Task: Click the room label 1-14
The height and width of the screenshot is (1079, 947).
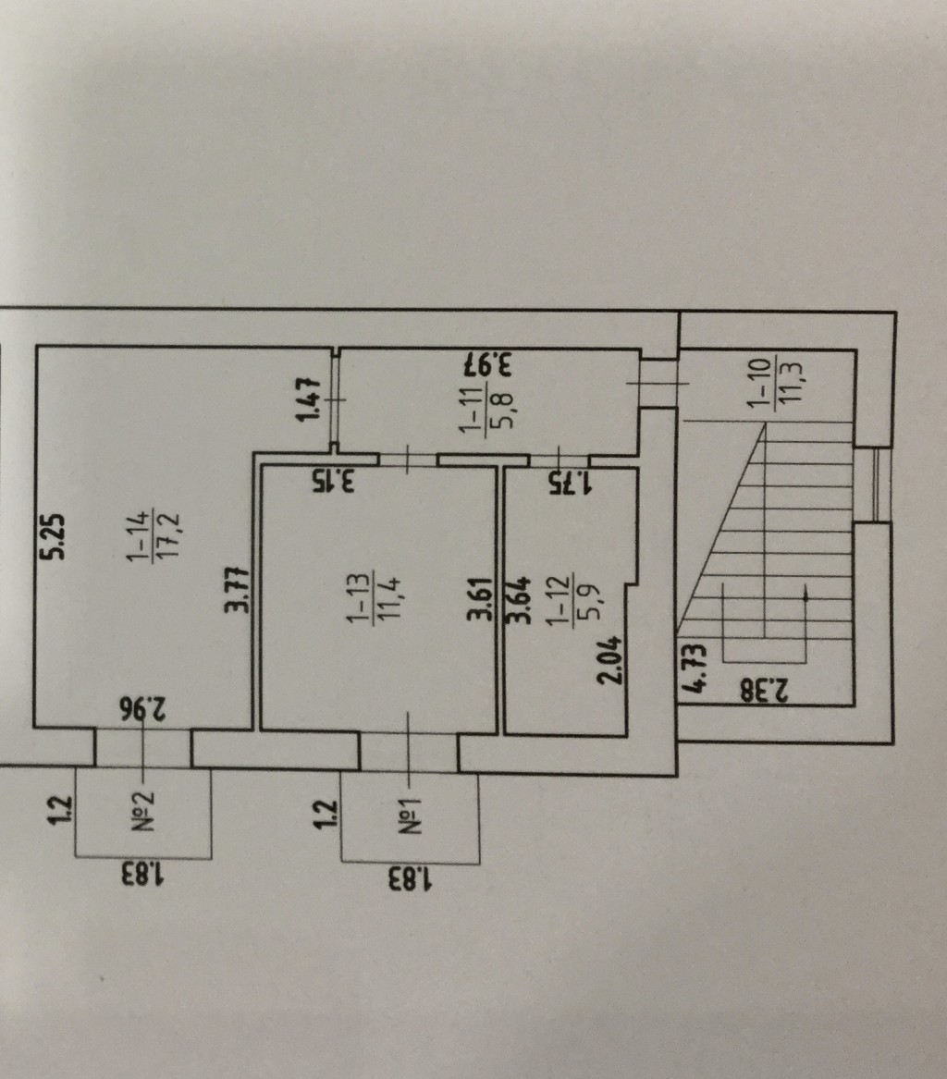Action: [x=138, y=539]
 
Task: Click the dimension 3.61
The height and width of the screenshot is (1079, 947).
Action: [x=481, y=602]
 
